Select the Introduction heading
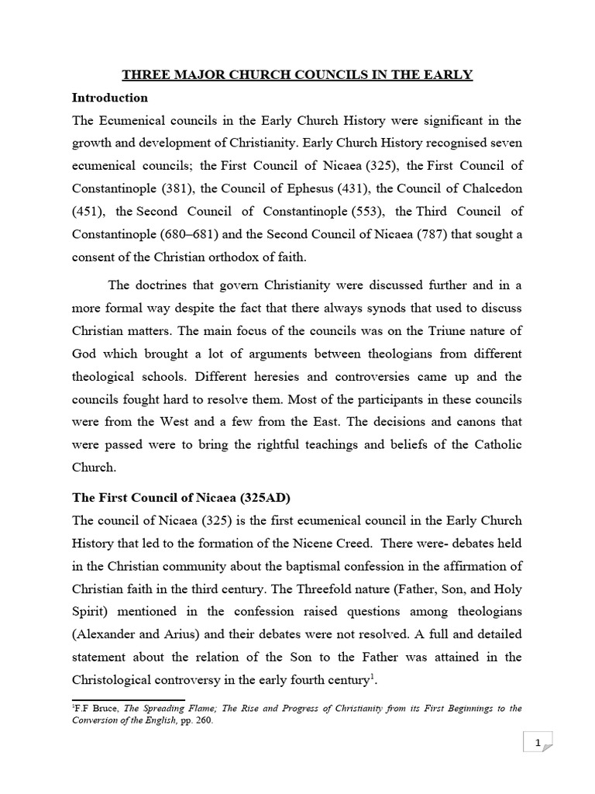(109, 98)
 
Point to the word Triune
(449, 330)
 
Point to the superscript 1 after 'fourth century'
(373, 676)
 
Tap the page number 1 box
(538, 744)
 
